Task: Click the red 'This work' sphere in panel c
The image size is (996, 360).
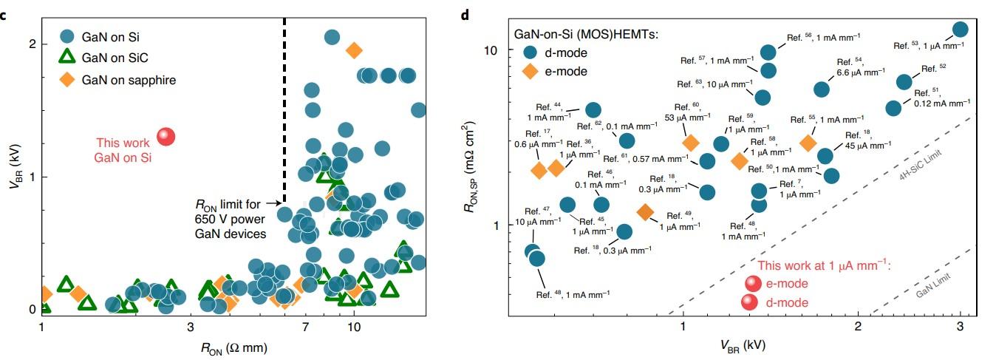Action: (x=166, y=137)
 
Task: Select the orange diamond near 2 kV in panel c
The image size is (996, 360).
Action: (x=354, y=50)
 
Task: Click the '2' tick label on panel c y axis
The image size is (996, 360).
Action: (x=32, y=44)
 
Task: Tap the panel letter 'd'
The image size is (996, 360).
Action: (x=465, y=15)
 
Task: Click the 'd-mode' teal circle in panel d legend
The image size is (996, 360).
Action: (x=530, y=52)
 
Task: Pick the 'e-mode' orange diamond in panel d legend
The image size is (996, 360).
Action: (x=530, y=72)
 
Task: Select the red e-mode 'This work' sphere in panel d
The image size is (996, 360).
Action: (x=752, y=284)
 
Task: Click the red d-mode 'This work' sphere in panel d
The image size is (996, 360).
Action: (x=749, y=302)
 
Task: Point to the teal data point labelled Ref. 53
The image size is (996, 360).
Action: (x=961, y=30)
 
